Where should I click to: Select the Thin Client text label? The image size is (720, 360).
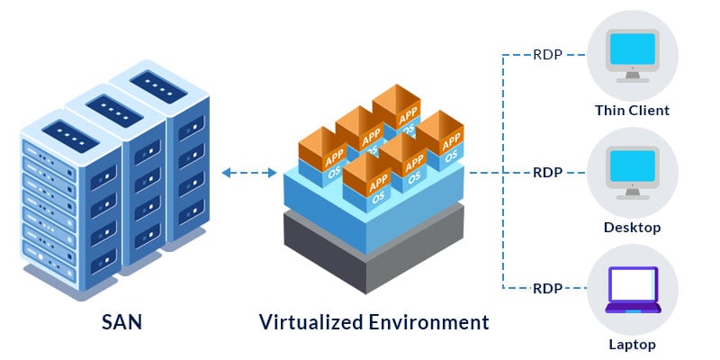pos(632,112)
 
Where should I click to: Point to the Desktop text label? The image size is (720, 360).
pos(632,228)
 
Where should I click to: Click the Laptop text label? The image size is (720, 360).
pos(632,345)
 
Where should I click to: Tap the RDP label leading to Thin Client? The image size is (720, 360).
pos(547,54)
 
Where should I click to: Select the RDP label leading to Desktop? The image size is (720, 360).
pos(547,171)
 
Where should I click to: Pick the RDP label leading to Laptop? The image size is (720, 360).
pos(547,288)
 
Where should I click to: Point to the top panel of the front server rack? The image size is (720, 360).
pos(67,136)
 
